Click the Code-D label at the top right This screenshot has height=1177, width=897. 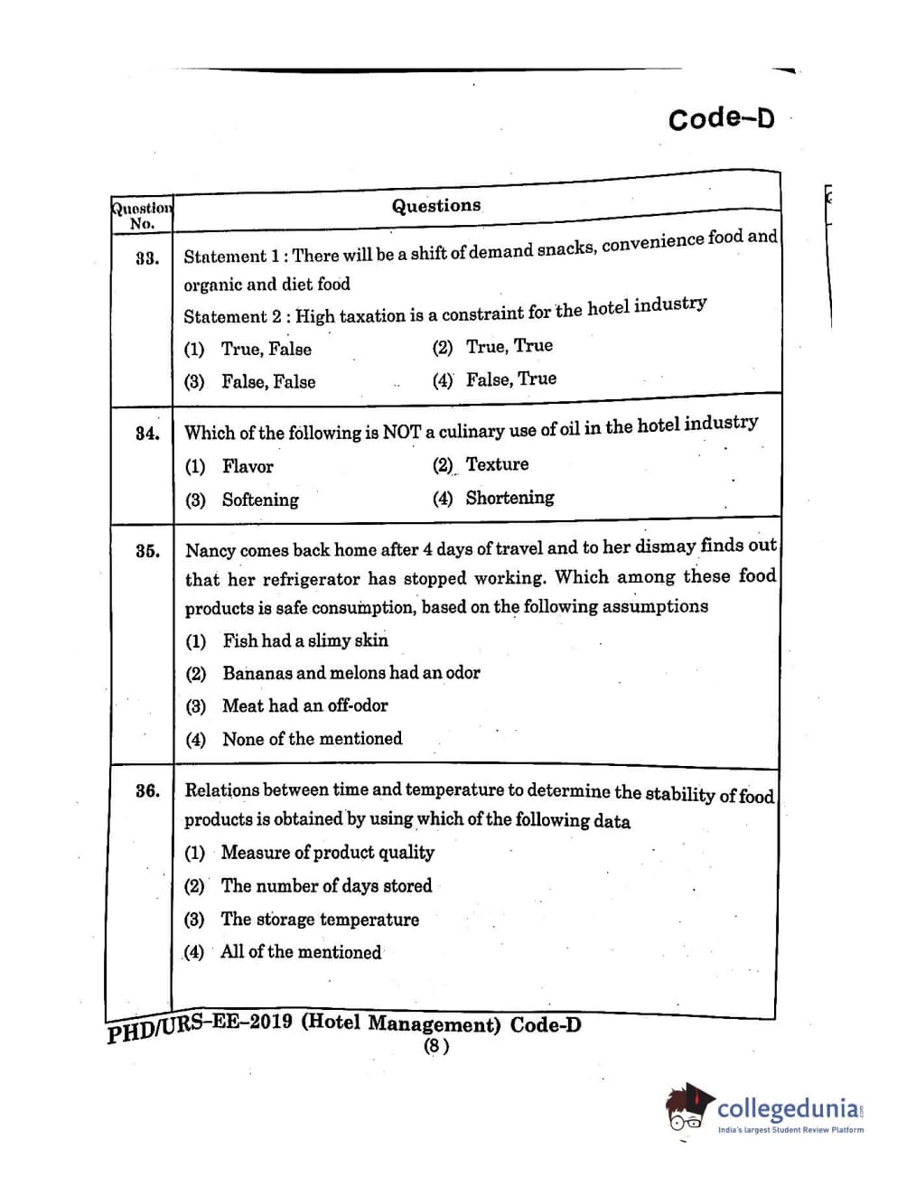pyautogui.click(x=721, y=118)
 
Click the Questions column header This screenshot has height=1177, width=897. pyautogui.click(x=435, y=206)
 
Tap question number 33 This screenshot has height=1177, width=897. pyautogui.click(x=147, y=258)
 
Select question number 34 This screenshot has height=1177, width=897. pyautogui.click(x=147, y=434)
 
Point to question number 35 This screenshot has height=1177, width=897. pyautogui.click(x=147, y=551)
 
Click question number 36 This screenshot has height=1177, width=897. pyautogui.click(x=147, y=791)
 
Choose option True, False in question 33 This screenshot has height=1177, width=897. pyautogui.click(x=266, y=350)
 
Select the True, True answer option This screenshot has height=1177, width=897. pyautogui.click(x=509, y=346)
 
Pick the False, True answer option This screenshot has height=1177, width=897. pyautogui.click(x=510, y=379)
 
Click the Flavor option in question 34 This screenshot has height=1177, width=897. pyautogui.click(x=247, y=467)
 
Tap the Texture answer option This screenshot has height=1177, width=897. pyautogui.click(x=497, y=464)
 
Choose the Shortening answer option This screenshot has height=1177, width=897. pyautogui.click(x=509, y=498)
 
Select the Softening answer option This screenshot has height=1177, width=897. pyautogui.click(x=259, y=500)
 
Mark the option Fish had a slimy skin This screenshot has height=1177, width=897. pyautogui.click(x=304, y=641)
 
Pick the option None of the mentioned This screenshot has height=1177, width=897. pyautogui.click(x=312, y=739)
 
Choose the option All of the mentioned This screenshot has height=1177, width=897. pyautogui.click(x=300, y=952)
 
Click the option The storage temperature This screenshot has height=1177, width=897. pyautogui.click(x=320, y=920)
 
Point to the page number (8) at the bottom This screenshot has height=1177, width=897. pyautogui.click(x=436, y=1046)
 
